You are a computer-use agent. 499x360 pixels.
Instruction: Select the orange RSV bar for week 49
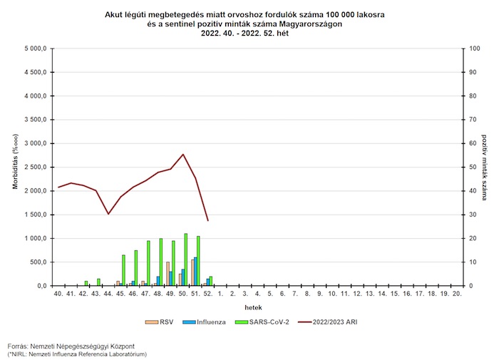168,274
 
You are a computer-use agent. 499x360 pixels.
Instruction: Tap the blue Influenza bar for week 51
195,272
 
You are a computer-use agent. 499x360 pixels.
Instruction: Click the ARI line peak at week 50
183,154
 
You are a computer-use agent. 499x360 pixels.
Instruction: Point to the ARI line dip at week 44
108,214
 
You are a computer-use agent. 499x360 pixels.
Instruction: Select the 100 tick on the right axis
466,48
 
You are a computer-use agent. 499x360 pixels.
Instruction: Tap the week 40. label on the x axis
59,294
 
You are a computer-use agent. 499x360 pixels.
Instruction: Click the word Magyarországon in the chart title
307,24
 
